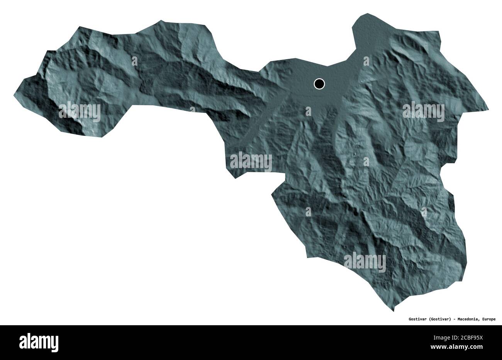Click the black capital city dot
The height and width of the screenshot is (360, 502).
point(319,83)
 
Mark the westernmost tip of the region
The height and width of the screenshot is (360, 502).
point(14,93)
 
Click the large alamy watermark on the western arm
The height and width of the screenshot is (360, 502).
point(80,112)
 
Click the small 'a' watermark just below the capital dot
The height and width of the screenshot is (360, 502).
point(308,112)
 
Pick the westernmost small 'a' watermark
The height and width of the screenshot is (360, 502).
point(134,61)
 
